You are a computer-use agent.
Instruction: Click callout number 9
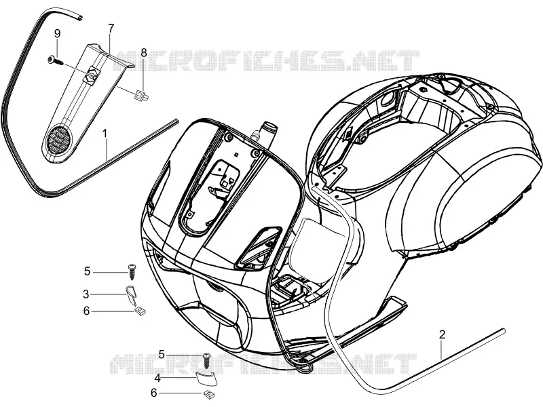58,34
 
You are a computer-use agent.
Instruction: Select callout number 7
111,28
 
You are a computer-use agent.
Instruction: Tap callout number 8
144,53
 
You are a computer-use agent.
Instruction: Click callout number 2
442,334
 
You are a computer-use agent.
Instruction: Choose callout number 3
86,294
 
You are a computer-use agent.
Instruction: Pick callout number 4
157,378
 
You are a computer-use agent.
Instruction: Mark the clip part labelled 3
130,294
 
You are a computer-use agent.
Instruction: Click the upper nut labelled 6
140,311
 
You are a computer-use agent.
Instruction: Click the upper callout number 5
87,271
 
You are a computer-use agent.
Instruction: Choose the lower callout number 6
154,393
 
